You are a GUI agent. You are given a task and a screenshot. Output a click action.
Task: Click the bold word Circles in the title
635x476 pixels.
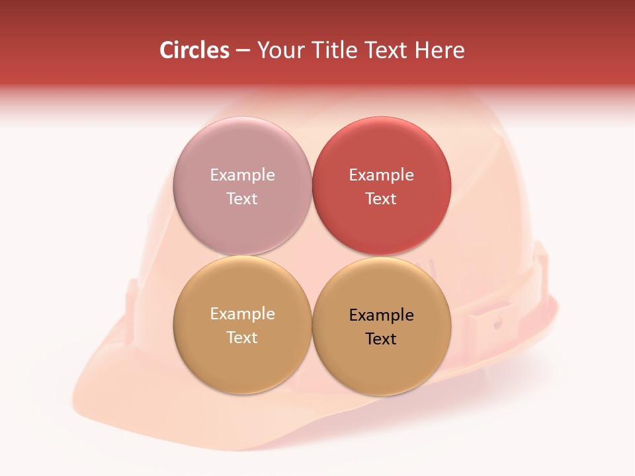pyautogui.click(x=194, y=50)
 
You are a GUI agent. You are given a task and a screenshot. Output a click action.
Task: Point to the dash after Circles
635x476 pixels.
pyautogui.click(x=243, y=51)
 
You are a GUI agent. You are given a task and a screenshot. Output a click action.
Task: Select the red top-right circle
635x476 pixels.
pyautogui.click(x=381, y=225)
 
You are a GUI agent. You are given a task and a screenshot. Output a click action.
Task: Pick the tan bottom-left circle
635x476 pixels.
pyautogui.click(x=242, y=364)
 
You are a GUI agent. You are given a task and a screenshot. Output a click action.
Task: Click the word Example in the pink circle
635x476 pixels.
pyautogui.click(x=242, y=175)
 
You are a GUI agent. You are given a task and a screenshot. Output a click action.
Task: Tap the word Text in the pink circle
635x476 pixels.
pyautogui.click(x=242, y=198)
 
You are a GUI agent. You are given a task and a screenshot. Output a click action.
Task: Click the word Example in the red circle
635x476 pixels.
pyautogui.click(x=381, y=175)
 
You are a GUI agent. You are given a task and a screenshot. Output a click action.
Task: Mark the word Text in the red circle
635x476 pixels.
pyautogui.click(x=381, y=198)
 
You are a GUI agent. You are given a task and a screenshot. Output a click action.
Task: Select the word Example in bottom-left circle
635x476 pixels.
pyautogui.click(x=242, y=313)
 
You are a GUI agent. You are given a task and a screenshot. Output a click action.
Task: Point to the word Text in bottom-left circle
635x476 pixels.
pyautogui.click(x=242, y=337)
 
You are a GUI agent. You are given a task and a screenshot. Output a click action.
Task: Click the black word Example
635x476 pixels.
pyautogui.click(x=381, y=315)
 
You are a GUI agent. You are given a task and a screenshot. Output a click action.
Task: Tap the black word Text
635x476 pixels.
pyautogui.click(x=381, y=338)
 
